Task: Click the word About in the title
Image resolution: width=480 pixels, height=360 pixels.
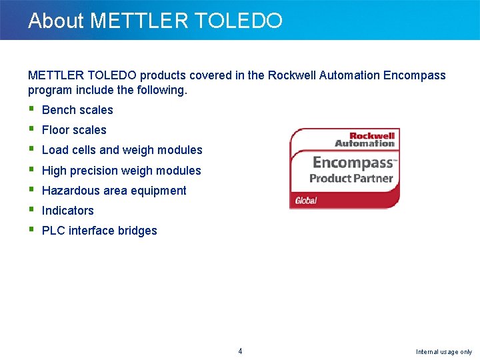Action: click(x=56, y=21)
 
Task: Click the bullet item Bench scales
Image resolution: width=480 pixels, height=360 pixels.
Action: click(x=77, y=110)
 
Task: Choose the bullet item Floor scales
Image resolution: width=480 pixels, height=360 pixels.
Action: click(x=74, y=130)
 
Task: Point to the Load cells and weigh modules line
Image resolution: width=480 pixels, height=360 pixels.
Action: click(x=122, y=150)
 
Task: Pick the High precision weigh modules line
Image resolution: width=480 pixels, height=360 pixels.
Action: click(x=121, y=171)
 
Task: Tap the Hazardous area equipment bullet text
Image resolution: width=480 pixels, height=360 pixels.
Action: click(x=114, y=191)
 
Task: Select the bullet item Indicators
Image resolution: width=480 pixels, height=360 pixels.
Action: click(x=68, y=211)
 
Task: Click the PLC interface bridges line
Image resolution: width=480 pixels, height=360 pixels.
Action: click(x=99, y=231)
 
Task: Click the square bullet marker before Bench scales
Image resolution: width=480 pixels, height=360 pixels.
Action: click(x=31, y=109)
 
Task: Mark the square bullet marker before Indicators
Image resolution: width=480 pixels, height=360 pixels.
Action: click(x=31, y=209)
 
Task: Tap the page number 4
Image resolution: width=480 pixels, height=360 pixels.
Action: click(x=240, y=351)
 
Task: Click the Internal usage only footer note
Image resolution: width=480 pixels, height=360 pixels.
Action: click(x=443, y=352)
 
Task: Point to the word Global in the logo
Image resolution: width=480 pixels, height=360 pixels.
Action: click(x=306, y=200)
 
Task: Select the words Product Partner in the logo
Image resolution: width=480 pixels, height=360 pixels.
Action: click(x=351, y=179)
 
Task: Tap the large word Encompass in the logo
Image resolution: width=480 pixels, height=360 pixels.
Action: click(x=353, y=163)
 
